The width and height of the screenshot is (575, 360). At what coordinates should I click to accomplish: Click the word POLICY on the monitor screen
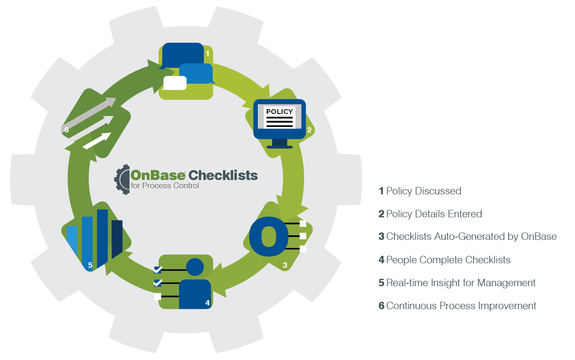pyautogui.click(x=280, y=112)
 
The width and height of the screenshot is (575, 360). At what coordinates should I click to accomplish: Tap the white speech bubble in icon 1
pyautogui.click(x=175, y=83)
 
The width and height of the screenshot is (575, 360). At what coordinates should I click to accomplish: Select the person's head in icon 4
pyautogui.click(x=195, y=267)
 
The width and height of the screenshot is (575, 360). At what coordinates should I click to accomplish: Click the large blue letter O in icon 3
pyautogui.click(x=269, y=237)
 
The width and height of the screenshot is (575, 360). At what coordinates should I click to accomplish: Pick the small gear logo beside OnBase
pyautogui.click(x=122, y=180)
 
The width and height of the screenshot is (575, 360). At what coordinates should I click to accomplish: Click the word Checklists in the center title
pyautogui.click(x=223, y=175)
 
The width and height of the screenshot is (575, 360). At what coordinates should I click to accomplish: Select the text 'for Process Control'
pyautogui.click(x=165, y=186)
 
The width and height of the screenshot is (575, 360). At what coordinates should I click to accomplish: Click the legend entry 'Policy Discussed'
pyautogui.click(x=424, y=191)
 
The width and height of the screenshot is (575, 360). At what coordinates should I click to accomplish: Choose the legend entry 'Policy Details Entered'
pyautogui.click(x=434, y=214)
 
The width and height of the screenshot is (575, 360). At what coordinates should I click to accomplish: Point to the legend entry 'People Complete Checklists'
pyautogui.click(x=448, y=260)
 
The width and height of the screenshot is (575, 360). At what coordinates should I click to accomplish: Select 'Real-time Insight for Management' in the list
pyautogui.click(x=461, y=283)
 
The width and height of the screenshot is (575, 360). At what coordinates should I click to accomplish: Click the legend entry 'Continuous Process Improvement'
pyautogui.click(x=461, y=306)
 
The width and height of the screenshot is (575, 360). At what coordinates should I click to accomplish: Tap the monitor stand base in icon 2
pyautogui.click(x=280, y=146)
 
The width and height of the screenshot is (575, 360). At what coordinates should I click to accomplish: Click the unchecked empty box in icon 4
pyautogui.click(x=158, y=296)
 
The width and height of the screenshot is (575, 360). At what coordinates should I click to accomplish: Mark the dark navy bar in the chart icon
pyautogui.click(x=117, y=238)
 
